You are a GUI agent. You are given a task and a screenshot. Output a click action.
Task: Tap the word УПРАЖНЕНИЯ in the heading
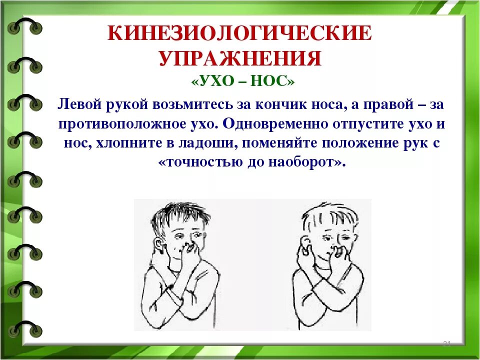(x=240, y=58)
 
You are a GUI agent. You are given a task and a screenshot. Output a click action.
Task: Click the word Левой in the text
(x=79, y=104)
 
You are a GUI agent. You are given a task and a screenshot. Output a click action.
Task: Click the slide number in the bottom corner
(x=447, y=343)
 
